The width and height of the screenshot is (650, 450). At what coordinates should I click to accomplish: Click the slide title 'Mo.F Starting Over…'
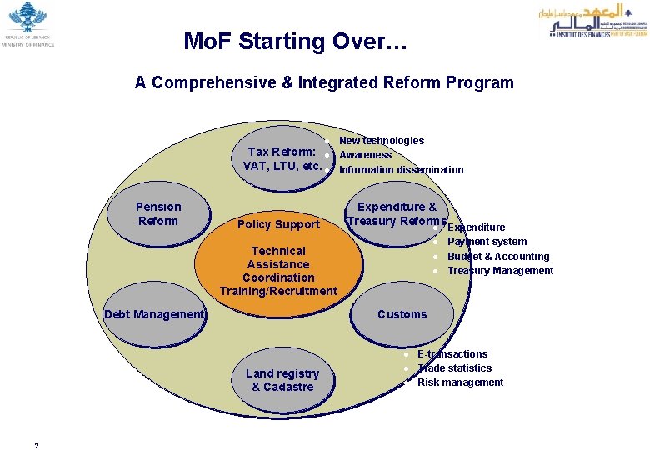click(x=295, y=41)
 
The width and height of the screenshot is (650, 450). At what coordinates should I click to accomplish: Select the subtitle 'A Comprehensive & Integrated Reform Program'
click(x=324, y=82)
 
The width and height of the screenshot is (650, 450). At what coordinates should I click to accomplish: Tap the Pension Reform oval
click(x=158, y=214)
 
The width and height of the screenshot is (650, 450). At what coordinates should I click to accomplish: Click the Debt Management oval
click(x=155, y=314)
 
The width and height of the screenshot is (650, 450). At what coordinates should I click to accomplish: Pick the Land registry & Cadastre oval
click(x=282, y=380)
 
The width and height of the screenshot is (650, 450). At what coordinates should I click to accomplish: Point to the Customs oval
click(x=402, y=314)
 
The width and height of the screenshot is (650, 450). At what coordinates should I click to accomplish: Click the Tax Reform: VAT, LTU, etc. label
click(x=282, y=158)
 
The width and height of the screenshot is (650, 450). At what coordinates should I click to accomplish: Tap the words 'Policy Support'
click(x=278, y=224)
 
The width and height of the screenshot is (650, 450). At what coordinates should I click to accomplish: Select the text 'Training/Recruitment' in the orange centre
click(x=278, y=291)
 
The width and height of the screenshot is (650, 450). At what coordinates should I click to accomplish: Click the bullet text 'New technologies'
click(x=382, y=141)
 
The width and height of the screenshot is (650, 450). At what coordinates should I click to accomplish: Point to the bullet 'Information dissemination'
click(x=402, y=170)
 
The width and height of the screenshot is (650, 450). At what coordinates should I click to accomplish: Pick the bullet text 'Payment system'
click(x=487, y=242)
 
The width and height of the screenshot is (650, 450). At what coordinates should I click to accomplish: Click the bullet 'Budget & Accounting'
click(x=498, y=256)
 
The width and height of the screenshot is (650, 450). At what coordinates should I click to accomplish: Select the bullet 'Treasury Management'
click(x=500, y=271)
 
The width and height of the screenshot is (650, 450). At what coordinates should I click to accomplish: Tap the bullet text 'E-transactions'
click(x=452, y=354)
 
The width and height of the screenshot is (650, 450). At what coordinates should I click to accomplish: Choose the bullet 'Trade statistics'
click(x=454, y=368)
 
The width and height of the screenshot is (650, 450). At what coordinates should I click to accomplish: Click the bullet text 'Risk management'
click(x=460, y=382)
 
